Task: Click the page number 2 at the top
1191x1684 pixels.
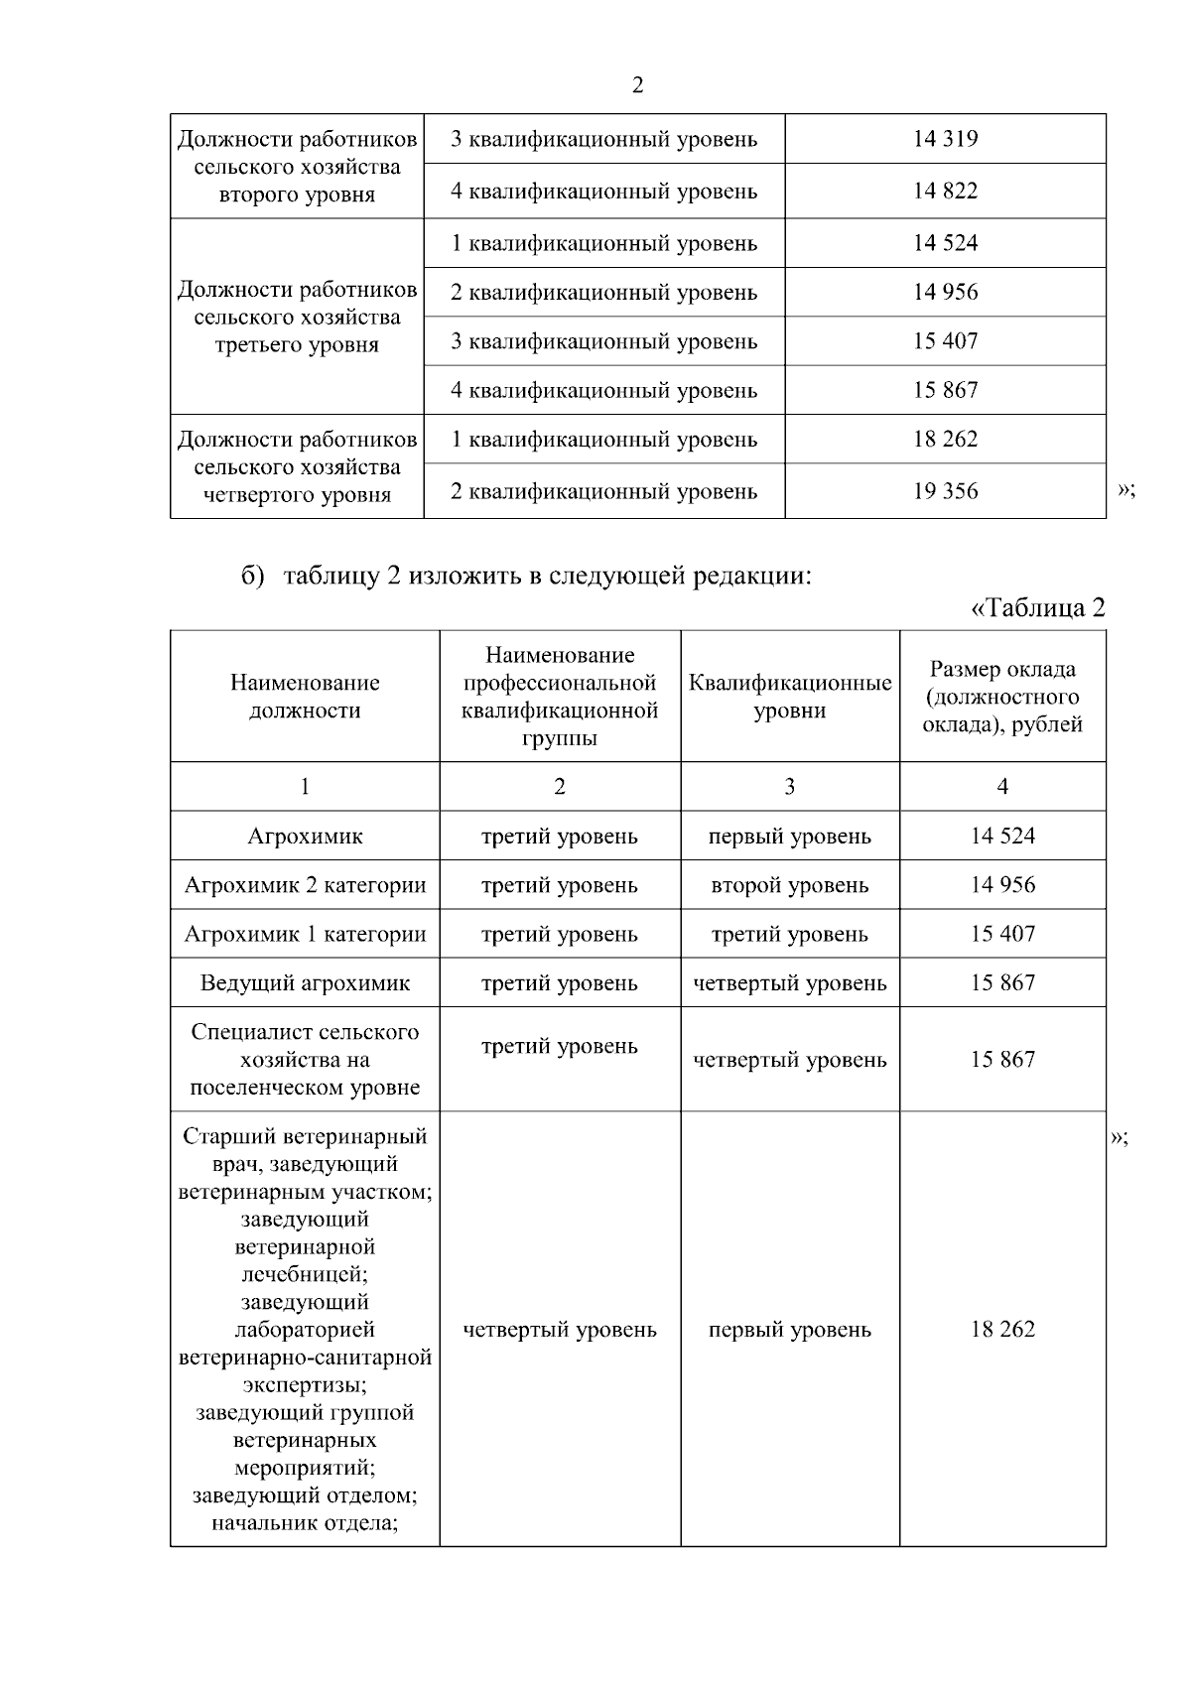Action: point(637,85)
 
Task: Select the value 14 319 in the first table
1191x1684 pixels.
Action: point(945,139)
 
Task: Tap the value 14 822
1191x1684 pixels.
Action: point(945,191)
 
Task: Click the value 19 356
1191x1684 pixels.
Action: point(945,491)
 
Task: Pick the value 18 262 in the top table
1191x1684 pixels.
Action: point(945,439)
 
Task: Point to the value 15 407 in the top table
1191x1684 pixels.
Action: point(945,341)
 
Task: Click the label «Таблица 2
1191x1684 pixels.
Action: point(1037,607)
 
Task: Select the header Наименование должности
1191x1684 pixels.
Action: point(305,697)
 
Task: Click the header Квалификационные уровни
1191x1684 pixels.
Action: point(790,697)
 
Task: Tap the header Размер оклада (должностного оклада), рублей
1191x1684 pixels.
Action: point(1002,697)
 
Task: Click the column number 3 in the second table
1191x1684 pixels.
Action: point(790,787)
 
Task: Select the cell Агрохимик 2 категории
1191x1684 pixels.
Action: point(305,885)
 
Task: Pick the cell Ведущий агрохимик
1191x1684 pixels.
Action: point(305,983)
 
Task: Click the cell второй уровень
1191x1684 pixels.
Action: point(790,885)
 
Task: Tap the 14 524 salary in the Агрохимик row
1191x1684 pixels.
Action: point(1002,837)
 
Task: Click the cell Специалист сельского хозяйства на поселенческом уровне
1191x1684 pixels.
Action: point(305,1060)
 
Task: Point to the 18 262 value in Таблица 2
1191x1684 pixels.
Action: point(1002,1330)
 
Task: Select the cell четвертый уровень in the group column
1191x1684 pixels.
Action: point(560,1330)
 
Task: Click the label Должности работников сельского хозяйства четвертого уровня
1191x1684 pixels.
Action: point(297,467)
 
